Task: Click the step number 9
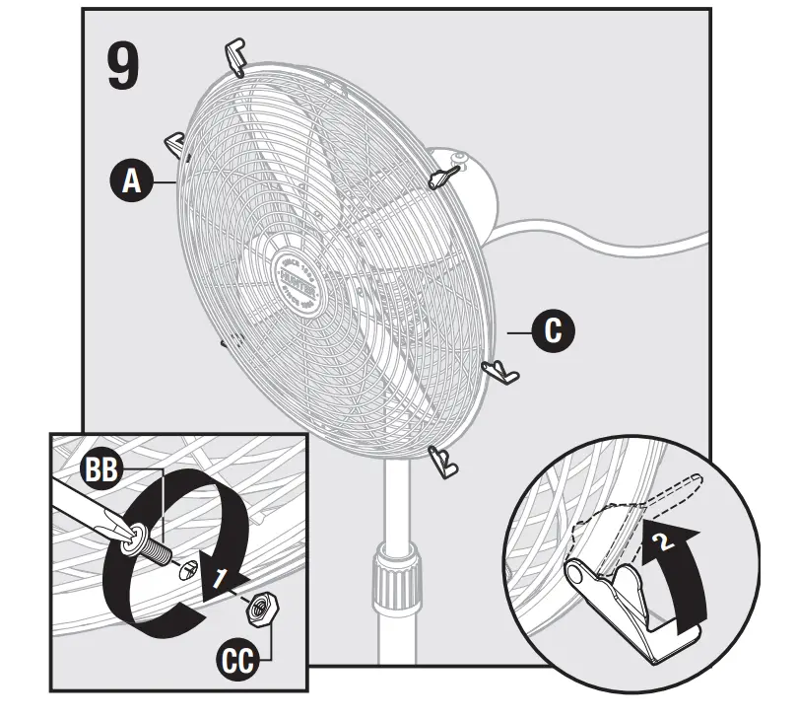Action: click(x=122, y=65)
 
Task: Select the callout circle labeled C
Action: click(x=553, y=330)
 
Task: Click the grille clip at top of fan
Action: click(x=236, y=56)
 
